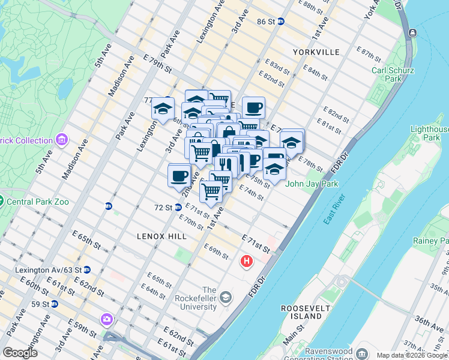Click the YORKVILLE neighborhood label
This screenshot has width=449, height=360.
pos(316,52)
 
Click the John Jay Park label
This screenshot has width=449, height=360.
pos(312,184)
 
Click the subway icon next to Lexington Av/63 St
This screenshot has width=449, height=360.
pos(87,270)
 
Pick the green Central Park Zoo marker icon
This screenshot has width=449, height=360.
pos(1,201)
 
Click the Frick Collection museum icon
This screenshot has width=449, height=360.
pos(61,140)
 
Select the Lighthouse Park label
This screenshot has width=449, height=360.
pos(430,133)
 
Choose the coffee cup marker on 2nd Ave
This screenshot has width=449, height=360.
pos(179,176)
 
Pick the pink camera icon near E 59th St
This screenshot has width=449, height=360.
pos(107,319)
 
